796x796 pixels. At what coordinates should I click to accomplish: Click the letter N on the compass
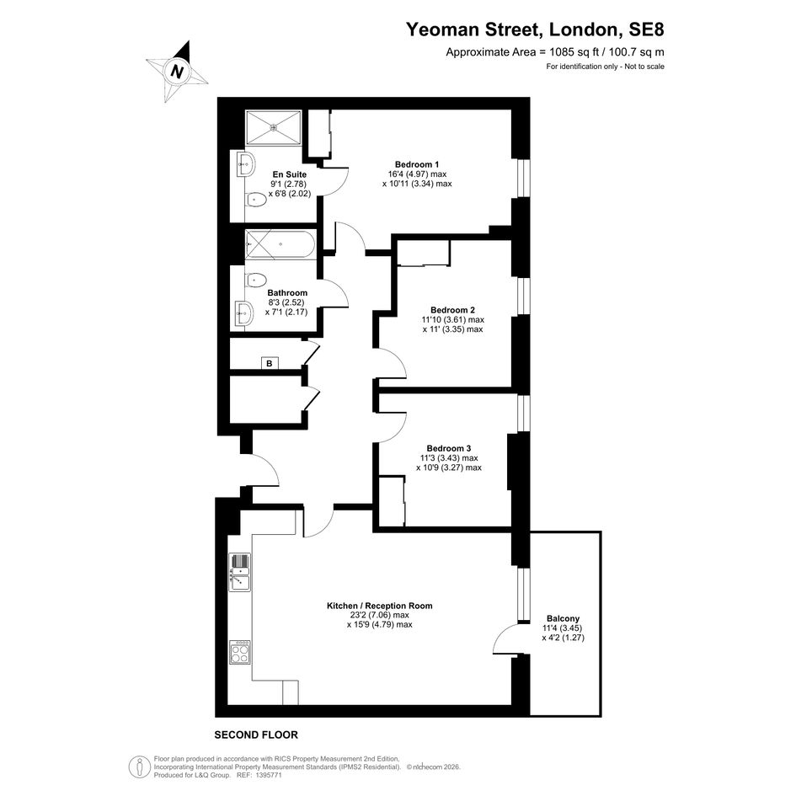[x=177, y=71]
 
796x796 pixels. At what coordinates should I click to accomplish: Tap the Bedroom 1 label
[x=417, y=164]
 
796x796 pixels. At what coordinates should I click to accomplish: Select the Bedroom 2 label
[x=453, y=310]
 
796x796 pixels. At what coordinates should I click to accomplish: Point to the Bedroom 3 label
[x=449, y=449]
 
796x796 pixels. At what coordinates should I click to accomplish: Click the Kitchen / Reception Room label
[x=380, y=606]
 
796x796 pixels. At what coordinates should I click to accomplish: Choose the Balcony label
[x=563, y=619]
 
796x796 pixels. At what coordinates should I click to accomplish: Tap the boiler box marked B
[x=270, y=364]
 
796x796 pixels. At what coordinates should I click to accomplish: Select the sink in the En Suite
[x=246, y=163]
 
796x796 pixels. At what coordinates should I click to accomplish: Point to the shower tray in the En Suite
[x=274, y=127]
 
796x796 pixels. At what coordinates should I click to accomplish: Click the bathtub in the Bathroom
[x=280, y=244]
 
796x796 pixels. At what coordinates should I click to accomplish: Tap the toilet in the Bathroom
[x=256, y=280]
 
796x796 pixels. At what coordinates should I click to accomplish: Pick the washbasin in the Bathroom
[x=244, y=313]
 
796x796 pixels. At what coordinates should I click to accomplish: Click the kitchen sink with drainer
[x=239, y=572]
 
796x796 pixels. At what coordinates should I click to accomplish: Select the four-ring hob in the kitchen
[x=239, y=652]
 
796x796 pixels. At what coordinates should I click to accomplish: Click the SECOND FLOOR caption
[x=256, y=735]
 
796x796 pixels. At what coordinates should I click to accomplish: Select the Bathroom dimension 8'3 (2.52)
[x=286, y=302]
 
